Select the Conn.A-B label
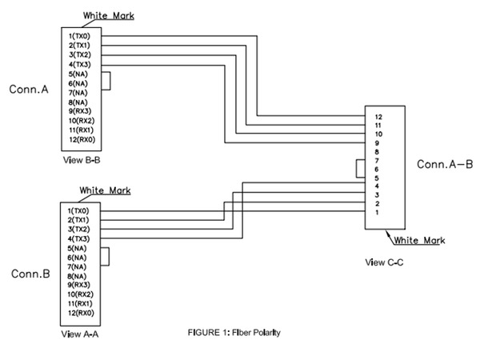445,165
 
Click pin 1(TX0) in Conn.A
82,37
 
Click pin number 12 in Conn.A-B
378,118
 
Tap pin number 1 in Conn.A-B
377,213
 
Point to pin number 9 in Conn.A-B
377,143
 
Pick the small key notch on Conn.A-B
360,169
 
